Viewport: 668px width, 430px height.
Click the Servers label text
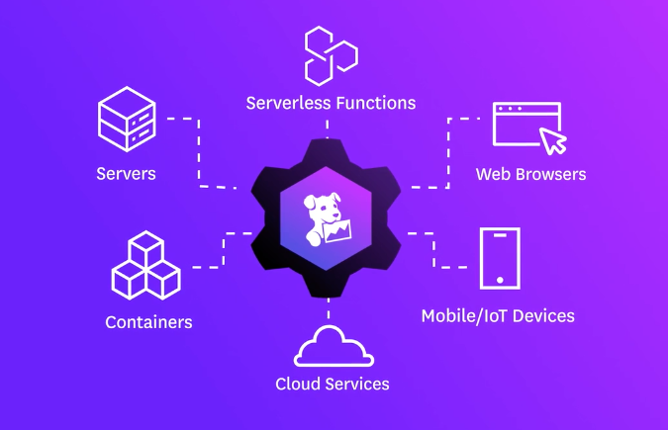click(126, 174)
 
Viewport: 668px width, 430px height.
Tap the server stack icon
click(127, 119)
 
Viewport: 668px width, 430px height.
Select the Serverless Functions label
click(331, 103)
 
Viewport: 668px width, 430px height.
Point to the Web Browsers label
click(530, 174)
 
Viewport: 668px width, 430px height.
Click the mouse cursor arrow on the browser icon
click(552, 140)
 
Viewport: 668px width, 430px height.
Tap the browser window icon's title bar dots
click(510, 109)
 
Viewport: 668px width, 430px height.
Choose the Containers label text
click(148, 322)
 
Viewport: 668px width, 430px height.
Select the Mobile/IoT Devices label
click(498, 316)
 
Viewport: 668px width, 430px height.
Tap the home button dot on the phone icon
click(500, 280)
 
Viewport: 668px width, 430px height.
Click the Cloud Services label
click(333, 384)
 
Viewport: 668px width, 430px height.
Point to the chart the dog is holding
click(337, 231)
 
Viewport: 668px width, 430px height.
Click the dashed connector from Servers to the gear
click(199, 153)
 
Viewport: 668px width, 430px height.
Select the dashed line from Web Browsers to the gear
click(448, 153)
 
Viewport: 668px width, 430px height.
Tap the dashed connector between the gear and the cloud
click(328, 308)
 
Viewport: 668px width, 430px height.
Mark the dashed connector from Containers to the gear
click(224, 250)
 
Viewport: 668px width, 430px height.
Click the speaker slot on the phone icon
click(500, 235)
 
